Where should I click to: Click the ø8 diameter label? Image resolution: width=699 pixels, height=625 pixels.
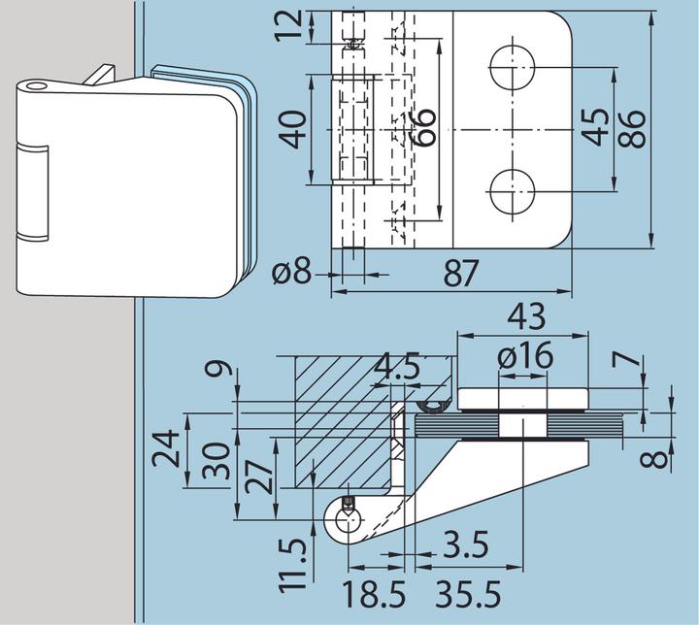pos(292,274)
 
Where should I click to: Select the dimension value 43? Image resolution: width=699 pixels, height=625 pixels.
pos(524,317)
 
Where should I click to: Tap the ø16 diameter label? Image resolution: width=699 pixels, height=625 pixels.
pos(524,357)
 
